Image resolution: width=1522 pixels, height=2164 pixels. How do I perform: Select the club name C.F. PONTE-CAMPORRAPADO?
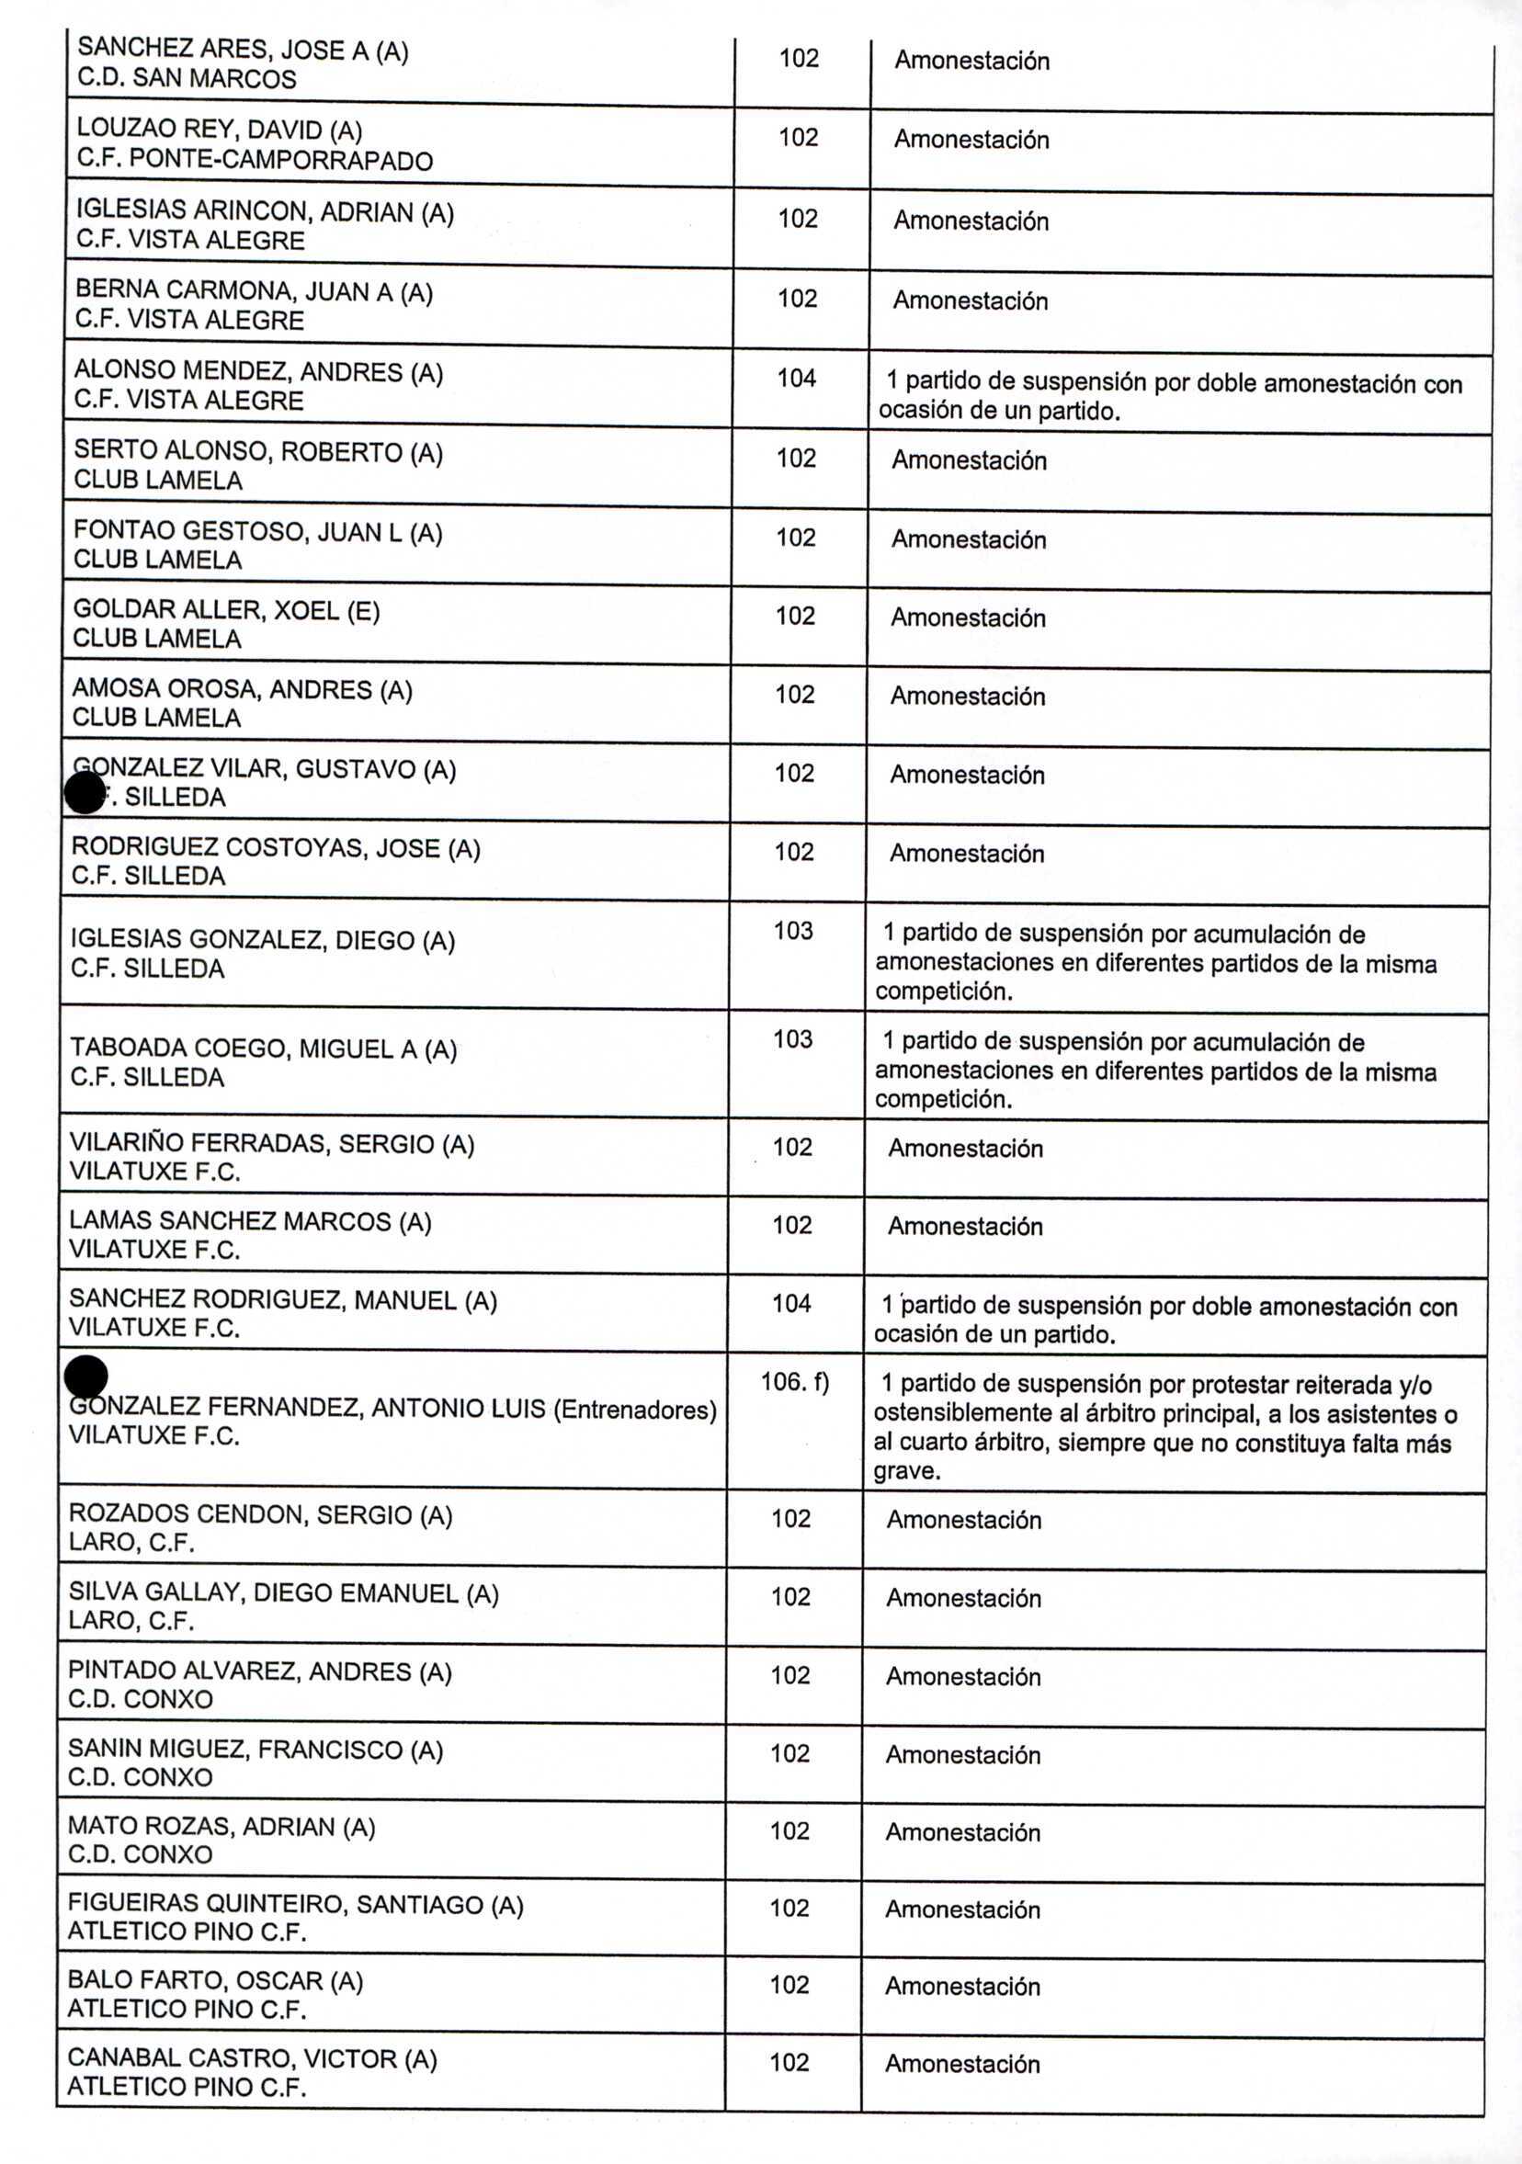255,160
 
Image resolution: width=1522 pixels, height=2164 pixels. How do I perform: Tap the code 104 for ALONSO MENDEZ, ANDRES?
796,379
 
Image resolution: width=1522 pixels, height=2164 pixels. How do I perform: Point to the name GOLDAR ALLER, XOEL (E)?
226,611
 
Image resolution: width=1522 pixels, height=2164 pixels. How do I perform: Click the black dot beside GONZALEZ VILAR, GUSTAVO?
85,793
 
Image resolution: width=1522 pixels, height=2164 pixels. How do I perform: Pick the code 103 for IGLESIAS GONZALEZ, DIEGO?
792,931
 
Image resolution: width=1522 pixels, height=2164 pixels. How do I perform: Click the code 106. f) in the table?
794,1383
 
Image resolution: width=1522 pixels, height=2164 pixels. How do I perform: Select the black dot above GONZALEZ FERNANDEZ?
85,1377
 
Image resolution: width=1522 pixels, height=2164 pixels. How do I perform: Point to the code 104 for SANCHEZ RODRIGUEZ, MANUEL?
791,1304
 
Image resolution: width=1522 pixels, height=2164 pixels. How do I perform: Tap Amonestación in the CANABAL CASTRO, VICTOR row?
962,2064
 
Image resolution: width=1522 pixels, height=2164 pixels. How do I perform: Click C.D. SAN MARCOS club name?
187,79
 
